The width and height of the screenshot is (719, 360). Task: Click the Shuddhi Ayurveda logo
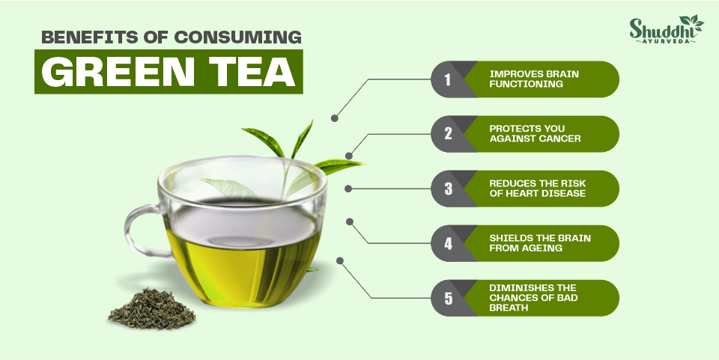666,29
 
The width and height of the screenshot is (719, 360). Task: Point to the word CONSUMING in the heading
238,37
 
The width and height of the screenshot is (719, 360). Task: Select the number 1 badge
448,79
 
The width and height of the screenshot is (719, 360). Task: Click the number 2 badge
448,134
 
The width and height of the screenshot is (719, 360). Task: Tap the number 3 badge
448,189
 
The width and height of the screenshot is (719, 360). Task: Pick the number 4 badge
448,243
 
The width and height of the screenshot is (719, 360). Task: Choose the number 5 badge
448,298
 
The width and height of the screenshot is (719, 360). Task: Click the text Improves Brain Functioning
534,79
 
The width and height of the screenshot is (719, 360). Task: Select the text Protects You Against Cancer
535,133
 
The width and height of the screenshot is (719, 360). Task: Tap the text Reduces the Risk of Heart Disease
538,189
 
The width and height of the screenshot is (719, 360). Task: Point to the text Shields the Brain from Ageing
540,242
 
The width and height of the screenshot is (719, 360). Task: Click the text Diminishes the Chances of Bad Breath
533,298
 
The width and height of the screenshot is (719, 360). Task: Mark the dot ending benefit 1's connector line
334,118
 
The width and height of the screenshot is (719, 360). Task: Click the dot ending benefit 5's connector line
340,260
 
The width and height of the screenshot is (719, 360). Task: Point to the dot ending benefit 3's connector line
348,189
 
